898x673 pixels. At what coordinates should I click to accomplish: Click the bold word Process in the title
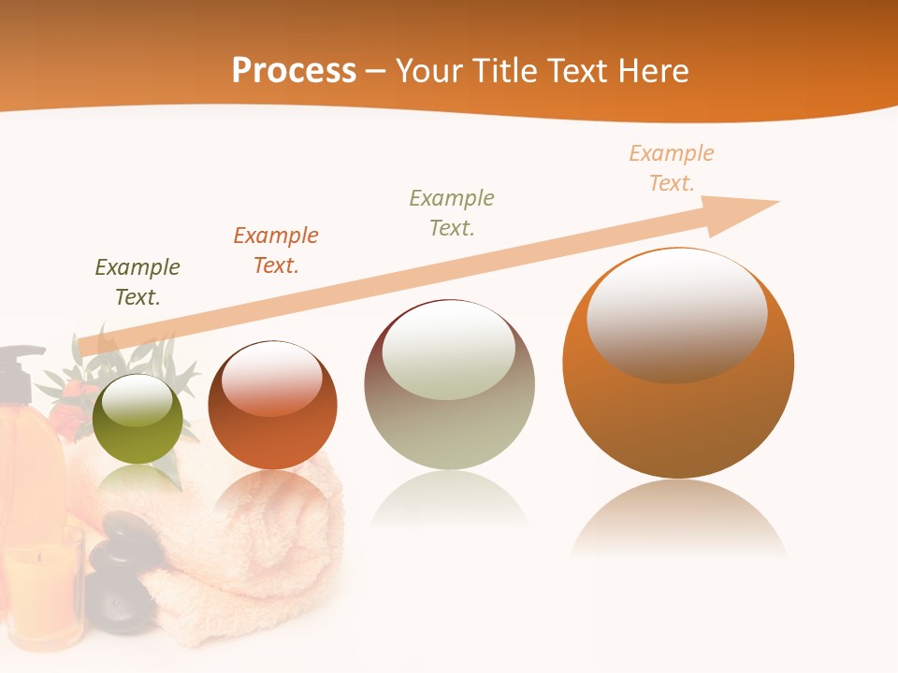pos(294,71)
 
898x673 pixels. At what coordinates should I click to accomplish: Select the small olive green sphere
pos(138,420)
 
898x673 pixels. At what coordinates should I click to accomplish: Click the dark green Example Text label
pos(138,282)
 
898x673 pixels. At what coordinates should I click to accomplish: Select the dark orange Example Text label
pos(276,251)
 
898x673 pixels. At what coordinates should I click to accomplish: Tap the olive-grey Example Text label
pos(452,213)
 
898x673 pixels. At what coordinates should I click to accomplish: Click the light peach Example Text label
pos(672,168)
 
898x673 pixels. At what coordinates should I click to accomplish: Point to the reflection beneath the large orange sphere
pos(678,519)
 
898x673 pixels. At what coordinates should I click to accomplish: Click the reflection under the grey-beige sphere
pos(449,500)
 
